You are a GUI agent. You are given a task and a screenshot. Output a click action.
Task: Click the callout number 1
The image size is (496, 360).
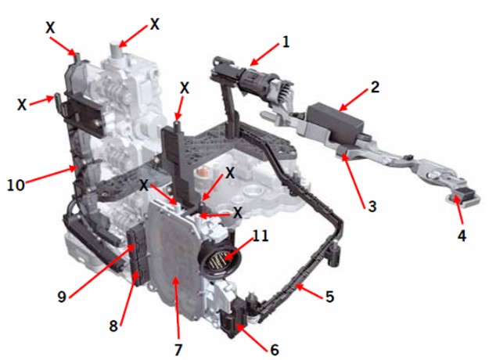point(286,42)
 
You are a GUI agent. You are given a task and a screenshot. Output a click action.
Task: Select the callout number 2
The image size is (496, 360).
point(375,87)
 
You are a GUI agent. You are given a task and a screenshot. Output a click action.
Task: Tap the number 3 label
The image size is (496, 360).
point(372,207)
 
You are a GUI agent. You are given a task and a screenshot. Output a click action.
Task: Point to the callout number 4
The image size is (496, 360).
point(462,236)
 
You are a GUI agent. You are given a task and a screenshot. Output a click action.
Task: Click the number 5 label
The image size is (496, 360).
point(330,297)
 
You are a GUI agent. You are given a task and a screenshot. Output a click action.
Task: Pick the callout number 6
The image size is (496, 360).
point(275,350)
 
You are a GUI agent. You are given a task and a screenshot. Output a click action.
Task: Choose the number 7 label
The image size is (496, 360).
point(178,350)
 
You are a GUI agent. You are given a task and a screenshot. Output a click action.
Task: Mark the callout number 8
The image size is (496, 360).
point(113,326)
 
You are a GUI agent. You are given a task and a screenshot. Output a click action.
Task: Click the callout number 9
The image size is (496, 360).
point(62,297)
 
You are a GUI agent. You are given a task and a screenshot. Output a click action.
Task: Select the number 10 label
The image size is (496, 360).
point(16,185)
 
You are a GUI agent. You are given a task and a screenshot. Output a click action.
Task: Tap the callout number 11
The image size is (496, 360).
point(261,236)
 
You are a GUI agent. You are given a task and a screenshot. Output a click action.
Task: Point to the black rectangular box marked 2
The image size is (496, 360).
point(336,123)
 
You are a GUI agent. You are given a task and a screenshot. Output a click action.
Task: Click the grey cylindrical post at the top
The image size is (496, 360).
point(116,49)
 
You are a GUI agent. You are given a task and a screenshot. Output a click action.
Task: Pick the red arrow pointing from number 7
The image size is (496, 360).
point(177,309)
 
